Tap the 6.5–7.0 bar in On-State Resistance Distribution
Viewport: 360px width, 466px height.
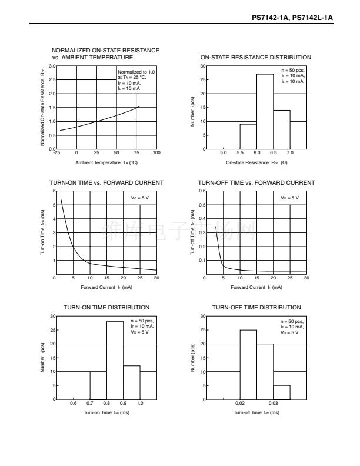[282, 129]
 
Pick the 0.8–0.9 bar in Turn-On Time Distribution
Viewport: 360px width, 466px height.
[115, 361]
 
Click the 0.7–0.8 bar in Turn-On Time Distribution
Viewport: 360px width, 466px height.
[98, 385]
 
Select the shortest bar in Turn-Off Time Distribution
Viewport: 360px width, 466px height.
[282, 392]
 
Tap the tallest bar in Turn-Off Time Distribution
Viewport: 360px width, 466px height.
[248, 365]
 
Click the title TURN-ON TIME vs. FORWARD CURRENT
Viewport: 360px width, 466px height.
[106, 183]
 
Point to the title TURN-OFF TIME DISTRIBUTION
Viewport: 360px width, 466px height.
[256, 308]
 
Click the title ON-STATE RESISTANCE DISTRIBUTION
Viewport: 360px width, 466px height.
[256, 58]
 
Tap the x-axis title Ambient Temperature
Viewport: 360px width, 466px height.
[106, 162]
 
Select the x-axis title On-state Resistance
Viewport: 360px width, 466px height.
[256, 162]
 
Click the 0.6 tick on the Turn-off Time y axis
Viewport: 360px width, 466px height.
[202, 191]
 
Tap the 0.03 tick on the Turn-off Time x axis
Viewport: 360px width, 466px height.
[274, 404]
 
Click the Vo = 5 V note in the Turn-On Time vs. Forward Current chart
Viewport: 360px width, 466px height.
[140, 198]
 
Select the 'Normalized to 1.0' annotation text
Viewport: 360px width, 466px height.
[135, 72]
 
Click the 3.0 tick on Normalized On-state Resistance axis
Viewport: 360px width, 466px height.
[52, 66]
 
